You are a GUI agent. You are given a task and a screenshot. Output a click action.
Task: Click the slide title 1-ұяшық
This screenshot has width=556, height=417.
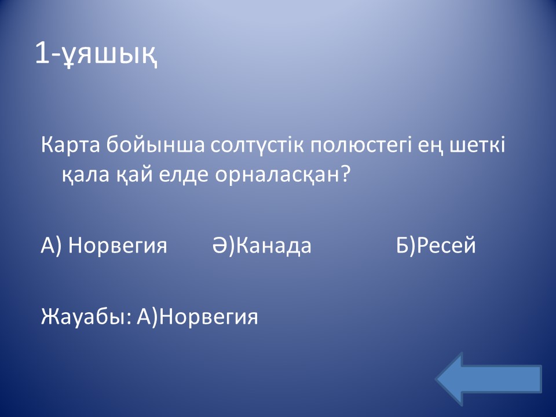(96, 54)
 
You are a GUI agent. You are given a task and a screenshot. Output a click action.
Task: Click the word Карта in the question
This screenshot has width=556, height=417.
(70, 146)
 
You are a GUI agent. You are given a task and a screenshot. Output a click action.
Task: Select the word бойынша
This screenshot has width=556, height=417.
(155, 145)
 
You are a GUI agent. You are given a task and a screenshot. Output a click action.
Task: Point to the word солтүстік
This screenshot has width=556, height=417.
(257, 145)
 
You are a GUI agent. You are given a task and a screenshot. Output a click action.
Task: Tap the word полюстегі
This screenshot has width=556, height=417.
(361, 146)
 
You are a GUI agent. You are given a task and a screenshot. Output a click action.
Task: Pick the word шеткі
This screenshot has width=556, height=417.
(477, 145)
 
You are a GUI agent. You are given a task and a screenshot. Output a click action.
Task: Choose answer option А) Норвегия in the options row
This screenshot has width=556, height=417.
(104, 246)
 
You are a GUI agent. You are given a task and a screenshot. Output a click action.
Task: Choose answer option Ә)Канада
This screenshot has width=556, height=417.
(262, 246)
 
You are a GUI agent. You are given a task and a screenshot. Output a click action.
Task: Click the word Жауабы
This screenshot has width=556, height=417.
(84, 317)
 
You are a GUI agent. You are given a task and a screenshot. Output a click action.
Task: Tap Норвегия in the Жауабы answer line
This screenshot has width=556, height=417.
(208, 317)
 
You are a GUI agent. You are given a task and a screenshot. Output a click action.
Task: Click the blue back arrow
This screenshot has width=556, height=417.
(489, 379)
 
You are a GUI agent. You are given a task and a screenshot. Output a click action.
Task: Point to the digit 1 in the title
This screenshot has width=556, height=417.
(42, 54)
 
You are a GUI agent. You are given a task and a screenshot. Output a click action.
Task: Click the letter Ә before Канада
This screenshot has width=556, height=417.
(220, 245)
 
